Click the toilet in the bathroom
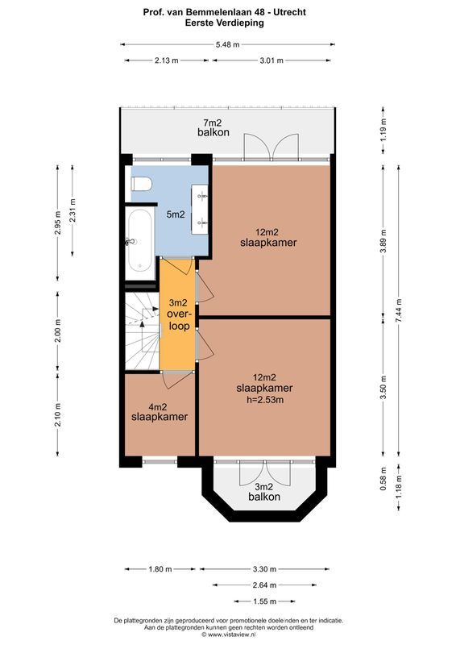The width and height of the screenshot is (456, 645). pos(141,184)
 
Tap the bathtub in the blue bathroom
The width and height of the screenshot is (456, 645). pos(140,241)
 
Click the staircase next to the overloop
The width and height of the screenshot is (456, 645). pos(142,330)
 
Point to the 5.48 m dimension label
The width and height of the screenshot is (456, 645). pos(228,45)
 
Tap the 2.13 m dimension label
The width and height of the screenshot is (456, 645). pos(167,60)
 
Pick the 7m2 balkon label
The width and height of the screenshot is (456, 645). pos(215,127)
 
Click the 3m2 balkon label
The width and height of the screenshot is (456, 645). pos(265,492)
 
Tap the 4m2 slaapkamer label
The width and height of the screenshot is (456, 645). pos(160,411)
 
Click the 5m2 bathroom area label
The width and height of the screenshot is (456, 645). pos(176,214)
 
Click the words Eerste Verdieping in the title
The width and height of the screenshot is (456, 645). pos(228,23)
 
